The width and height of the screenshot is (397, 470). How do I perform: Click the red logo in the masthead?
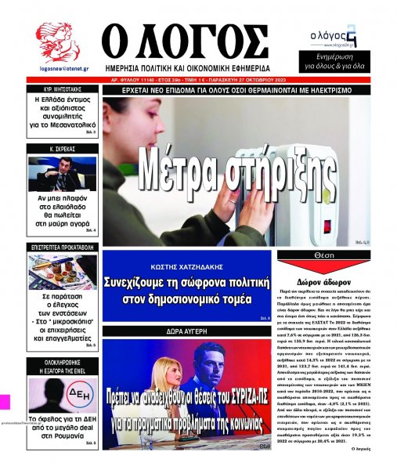pos(58,39)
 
